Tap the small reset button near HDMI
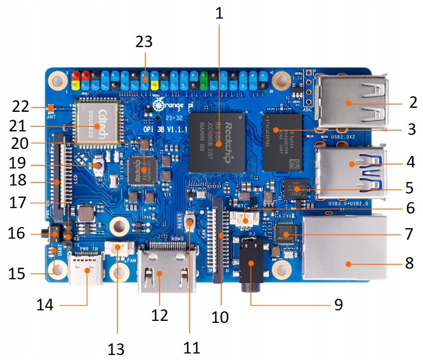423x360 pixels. (x=190, y=221)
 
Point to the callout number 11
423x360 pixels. (x=191, y=346)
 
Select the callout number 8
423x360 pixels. (x=409, y=263)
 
